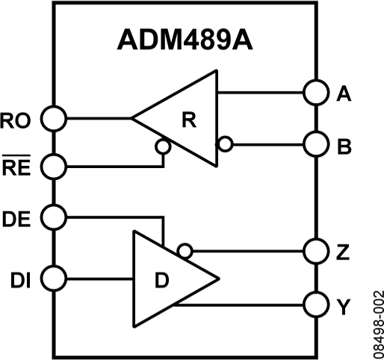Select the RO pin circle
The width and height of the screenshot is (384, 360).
click(54, 117)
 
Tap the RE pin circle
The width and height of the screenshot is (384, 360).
click(54, 166)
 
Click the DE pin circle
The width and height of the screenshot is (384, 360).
click(54, 217)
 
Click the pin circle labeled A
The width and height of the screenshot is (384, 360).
click(315, 93)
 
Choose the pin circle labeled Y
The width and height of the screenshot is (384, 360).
click(315, 305)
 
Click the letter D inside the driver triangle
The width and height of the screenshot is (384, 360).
click(161, 281)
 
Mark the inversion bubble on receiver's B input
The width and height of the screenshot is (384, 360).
click(223, 142)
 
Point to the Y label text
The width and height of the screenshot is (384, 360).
click(344, 305)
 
